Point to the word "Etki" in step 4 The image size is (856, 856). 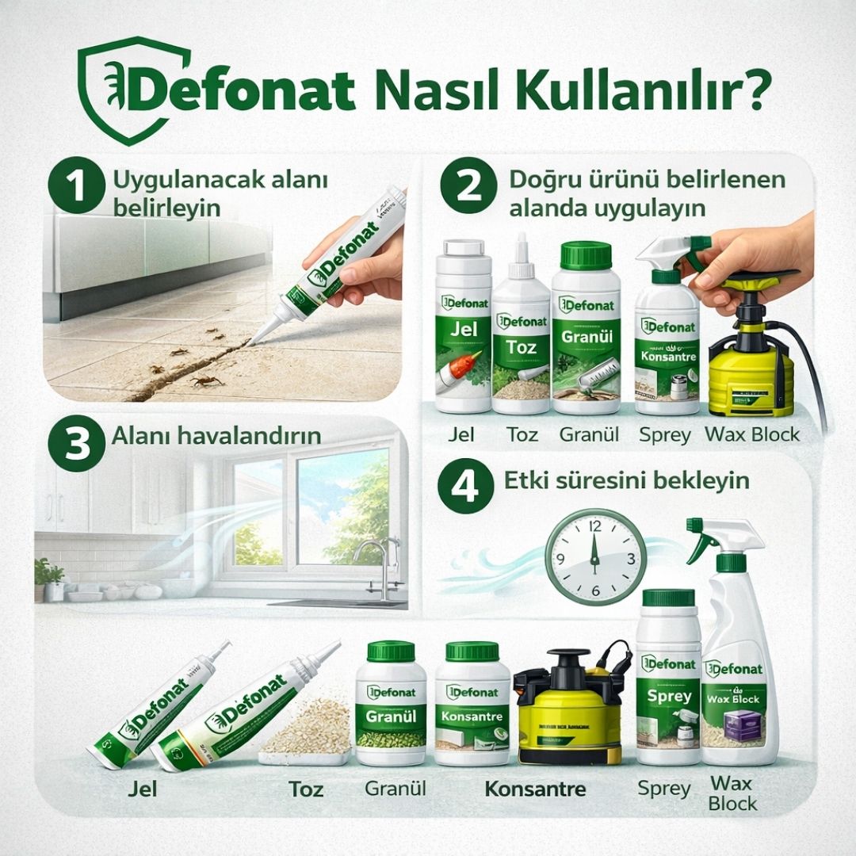(x=525, y=480)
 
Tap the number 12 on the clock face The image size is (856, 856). (x=594, y=525)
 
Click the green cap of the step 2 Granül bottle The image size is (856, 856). (x=587, y=255)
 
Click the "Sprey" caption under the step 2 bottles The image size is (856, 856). (x=665, y=435)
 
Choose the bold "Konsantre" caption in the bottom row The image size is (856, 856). (x=535, y=789)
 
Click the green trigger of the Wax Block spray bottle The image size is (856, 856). (x=702, y=540)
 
